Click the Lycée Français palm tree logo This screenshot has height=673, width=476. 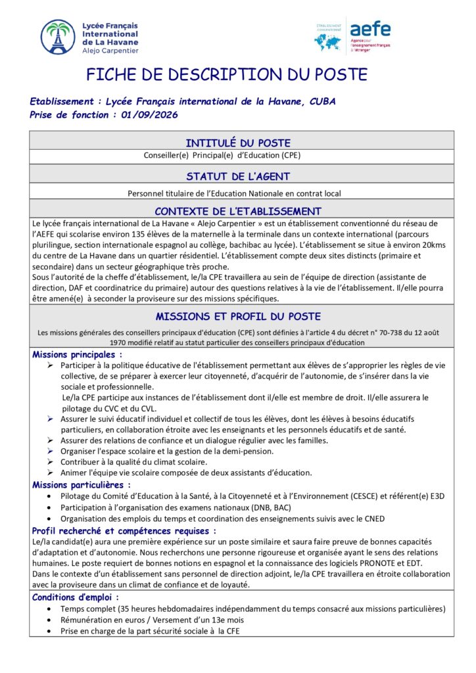click(x=58, y=37)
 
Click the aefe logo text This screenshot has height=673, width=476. click(x=370, y=29)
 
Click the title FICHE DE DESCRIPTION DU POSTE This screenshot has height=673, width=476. click(x=227, y=74)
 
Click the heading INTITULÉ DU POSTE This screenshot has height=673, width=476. click(x=237, y=143)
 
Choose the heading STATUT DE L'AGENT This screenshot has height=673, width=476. click(x=237, y=176)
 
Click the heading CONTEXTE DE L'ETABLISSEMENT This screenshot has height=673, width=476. click(x=237, y=211)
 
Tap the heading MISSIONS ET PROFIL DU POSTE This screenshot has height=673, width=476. click(x=237, y=316)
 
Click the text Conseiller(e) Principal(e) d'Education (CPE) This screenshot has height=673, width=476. click(x=222, y=156)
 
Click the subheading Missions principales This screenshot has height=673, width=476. click(x=77, y=354)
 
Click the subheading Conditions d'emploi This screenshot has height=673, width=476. click(x=75, y=597)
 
